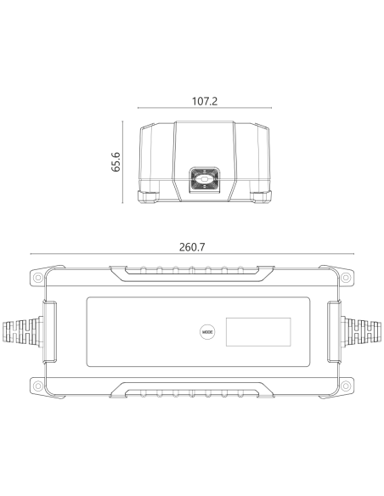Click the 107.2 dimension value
[205, 101]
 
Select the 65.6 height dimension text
[116, 162]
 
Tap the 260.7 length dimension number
[192, 247]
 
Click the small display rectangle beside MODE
[258, 332]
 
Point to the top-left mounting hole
[38, 278]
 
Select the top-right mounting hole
[346, 278]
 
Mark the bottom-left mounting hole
[38, 386]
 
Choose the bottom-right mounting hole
[346, 386]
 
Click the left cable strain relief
[22, 332]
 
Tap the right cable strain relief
[361, 332]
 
